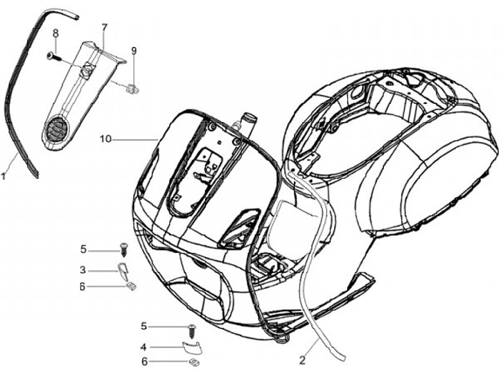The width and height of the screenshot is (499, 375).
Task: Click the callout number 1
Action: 4,177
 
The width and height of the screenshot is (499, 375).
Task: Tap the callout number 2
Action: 302,360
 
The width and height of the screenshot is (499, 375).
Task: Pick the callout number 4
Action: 143,346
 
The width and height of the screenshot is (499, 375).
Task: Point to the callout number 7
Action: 105,28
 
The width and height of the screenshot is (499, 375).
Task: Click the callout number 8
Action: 55,33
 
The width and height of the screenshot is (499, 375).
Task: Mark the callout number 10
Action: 105,139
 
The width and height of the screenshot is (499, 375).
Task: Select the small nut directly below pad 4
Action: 195,360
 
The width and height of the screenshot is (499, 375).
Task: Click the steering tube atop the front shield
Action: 245,123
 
